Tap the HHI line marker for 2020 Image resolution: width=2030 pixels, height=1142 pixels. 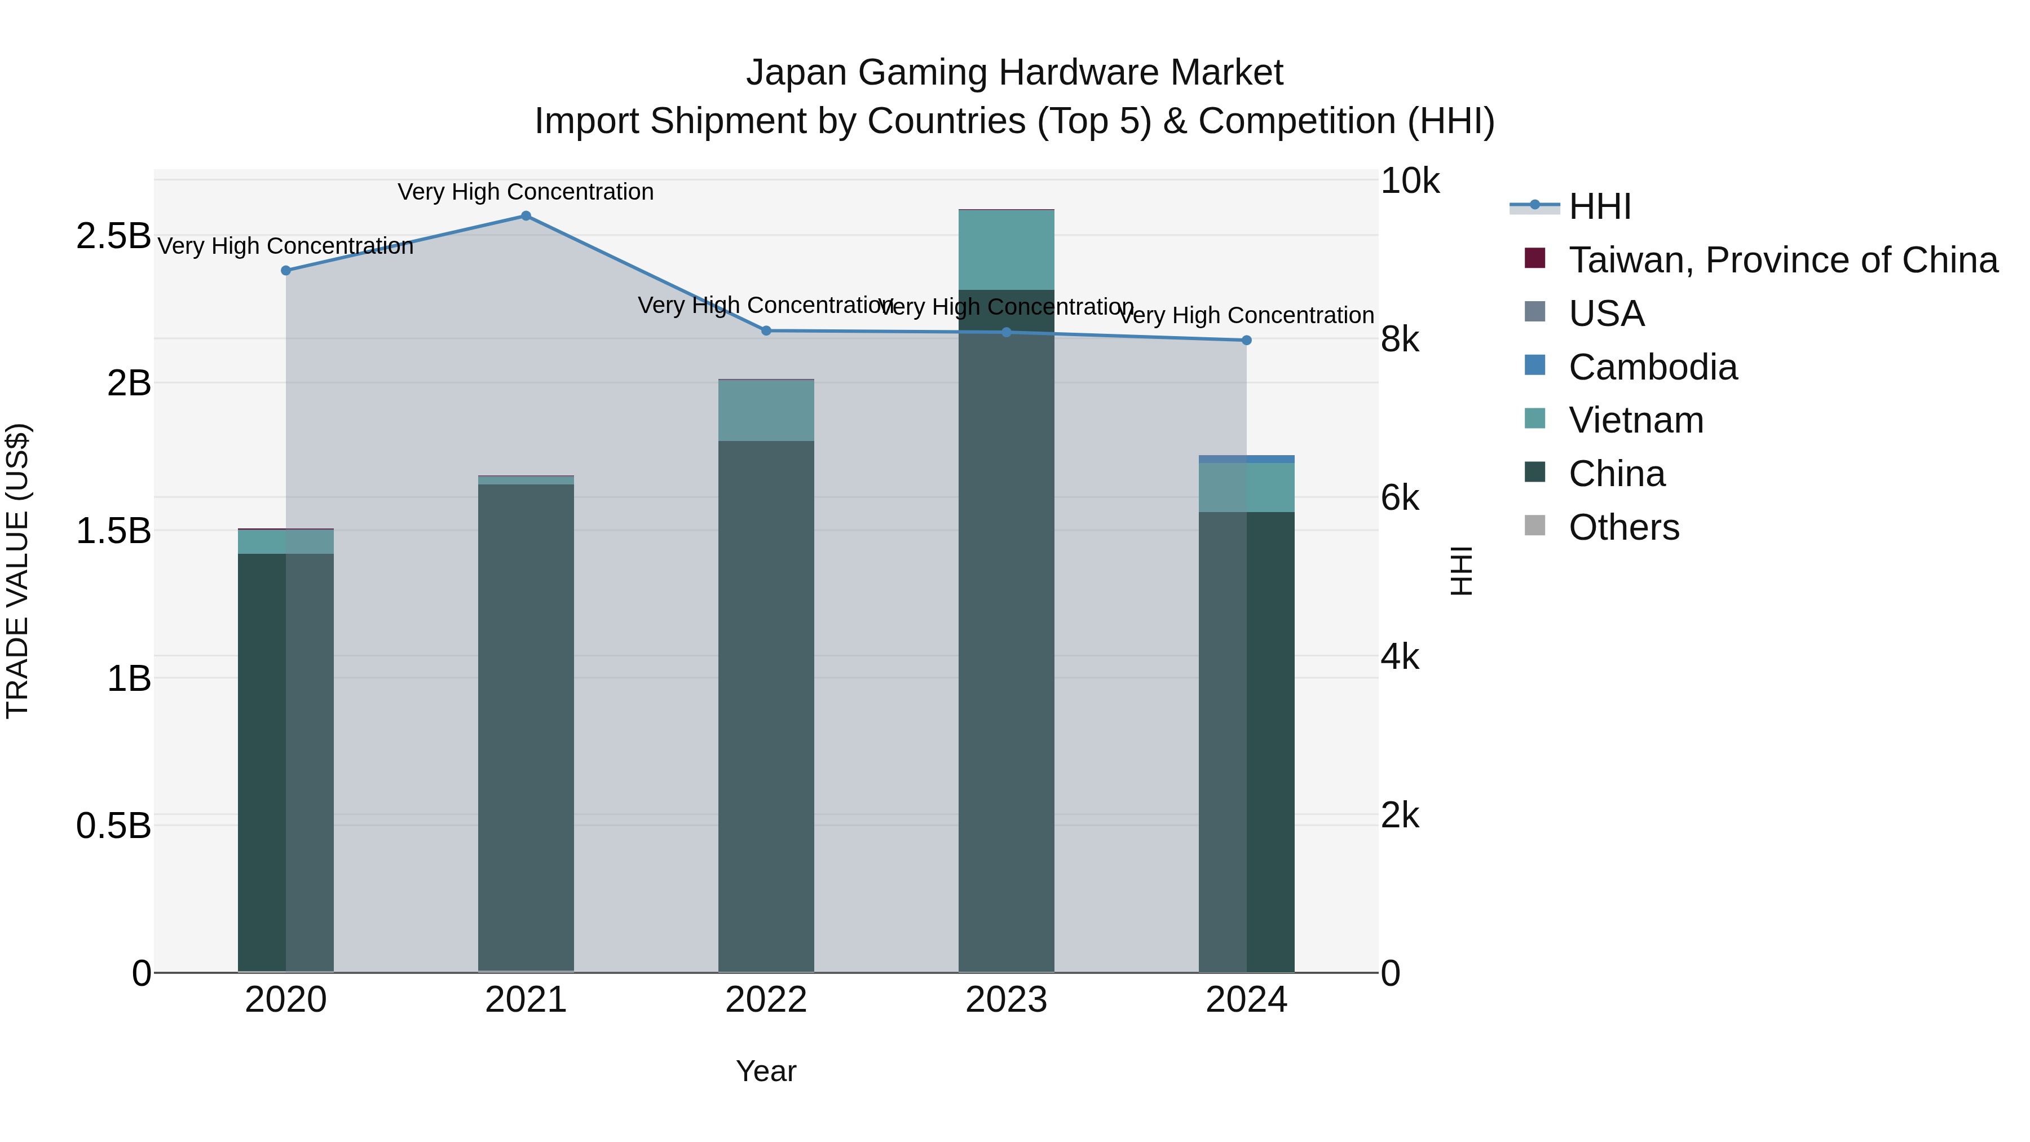point(286,270)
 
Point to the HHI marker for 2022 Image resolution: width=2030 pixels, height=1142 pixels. point(766,331)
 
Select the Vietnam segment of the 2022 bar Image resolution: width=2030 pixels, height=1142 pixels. point(766,411)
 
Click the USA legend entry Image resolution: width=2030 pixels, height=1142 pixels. point(1606,314)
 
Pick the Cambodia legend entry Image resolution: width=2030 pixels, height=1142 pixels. point(1653,367)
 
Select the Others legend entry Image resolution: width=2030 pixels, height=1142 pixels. point(1623,527)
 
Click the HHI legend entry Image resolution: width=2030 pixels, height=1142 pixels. point(1600,206)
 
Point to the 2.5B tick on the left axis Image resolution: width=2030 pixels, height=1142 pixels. point(113,236)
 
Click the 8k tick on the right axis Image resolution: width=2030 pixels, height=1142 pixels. point(1400,339)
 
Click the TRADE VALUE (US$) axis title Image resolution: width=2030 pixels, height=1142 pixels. point(17,571)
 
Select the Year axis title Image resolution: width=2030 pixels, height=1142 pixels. point(766,1071)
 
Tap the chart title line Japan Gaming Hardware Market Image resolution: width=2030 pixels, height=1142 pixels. point(1014,73)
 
